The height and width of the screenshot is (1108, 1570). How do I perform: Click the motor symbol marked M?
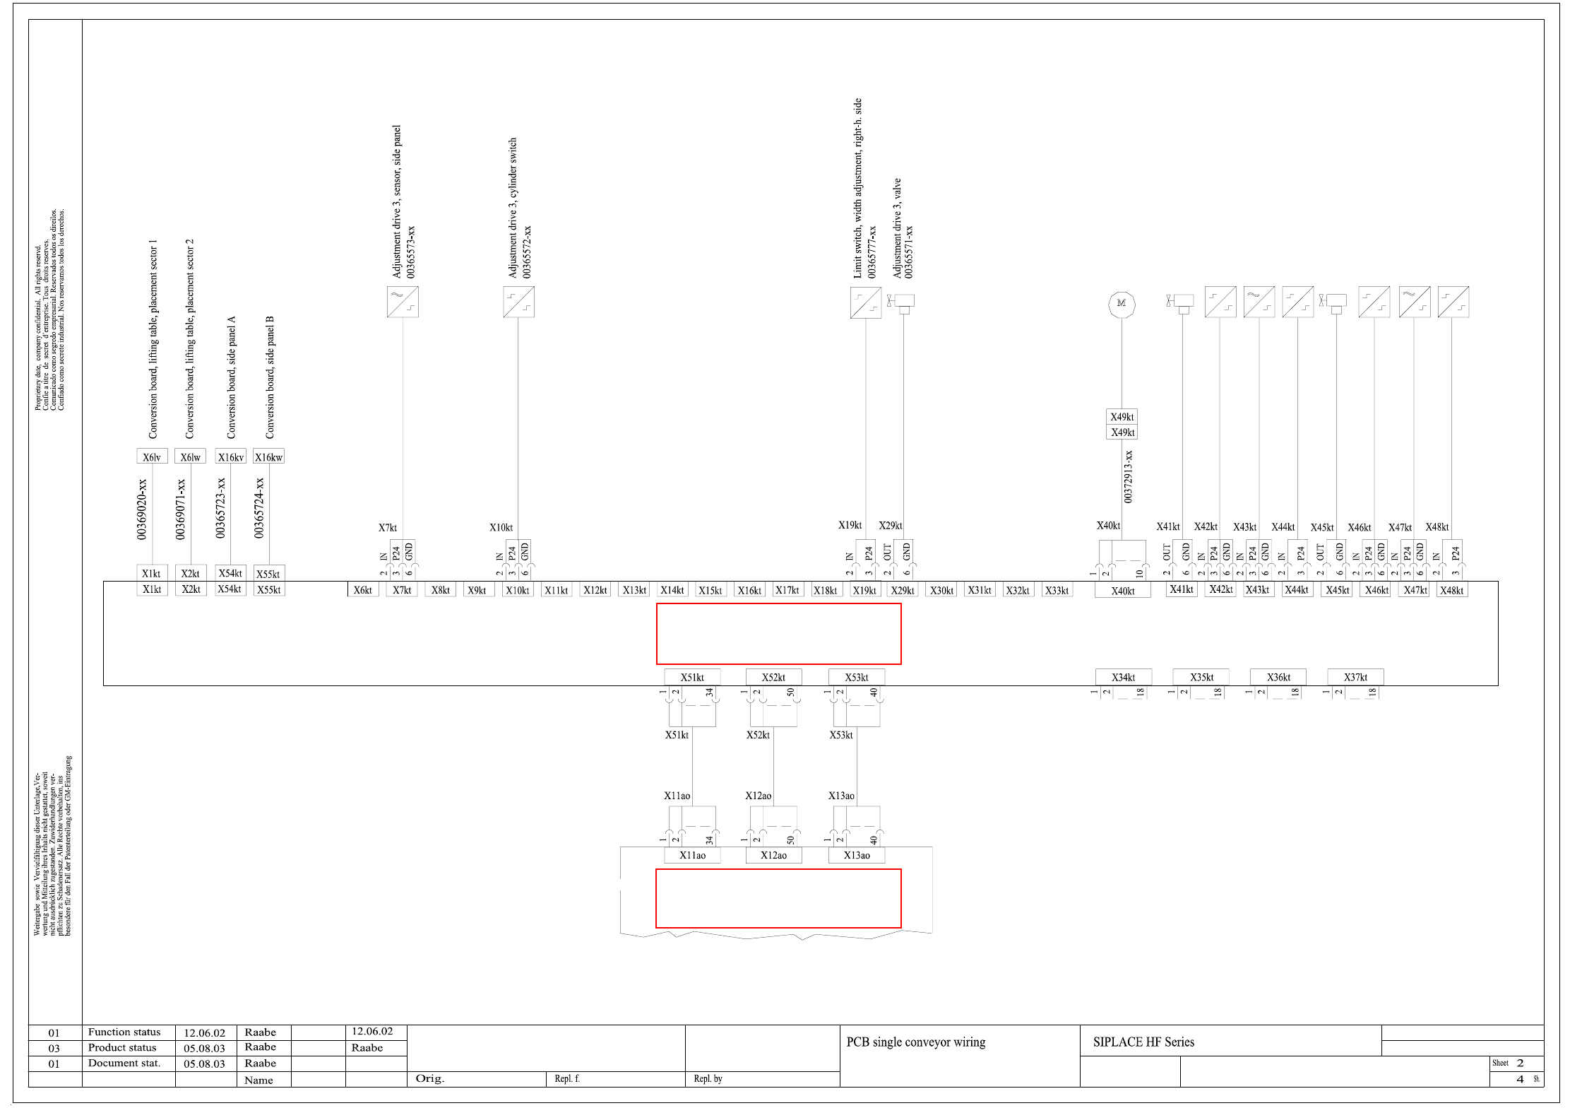(1122, 304)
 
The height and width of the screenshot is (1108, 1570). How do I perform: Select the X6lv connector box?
(152, 456)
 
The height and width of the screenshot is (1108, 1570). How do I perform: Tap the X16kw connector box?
(268, 456)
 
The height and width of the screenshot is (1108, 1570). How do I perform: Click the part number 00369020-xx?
(142, 509)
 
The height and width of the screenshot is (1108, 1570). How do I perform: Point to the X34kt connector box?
(1123, 677)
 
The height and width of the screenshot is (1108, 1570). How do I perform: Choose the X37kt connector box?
(1355, 677)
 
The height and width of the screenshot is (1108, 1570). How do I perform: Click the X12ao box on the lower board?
(773, 855)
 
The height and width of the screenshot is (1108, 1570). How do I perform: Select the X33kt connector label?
(1057, 590)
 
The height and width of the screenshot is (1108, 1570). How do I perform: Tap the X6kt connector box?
(362, 590)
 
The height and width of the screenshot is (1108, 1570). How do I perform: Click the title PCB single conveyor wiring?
(915, 1042)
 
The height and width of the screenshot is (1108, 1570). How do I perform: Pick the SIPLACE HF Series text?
(1143, 1042)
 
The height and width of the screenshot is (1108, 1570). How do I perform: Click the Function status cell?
(124, 1032)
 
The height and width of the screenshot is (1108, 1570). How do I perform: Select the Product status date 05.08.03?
(204, 1048)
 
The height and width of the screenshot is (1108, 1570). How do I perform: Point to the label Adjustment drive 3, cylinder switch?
(513, 208)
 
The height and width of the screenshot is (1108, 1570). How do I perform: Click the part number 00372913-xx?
(1128, 476)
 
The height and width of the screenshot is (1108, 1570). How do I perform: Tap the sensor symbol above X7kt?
(403, 302)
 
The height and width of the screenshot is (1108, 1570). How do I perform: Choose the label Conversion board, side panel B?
(270, 377)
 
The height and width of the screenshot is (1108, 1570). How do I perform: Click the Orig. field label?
(429, 1078)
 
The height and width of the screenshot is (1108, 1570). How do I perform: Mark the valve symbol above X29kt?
(903, 302)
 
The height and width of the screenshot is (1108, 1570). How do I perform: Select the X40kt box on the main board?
(1122, 591)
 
